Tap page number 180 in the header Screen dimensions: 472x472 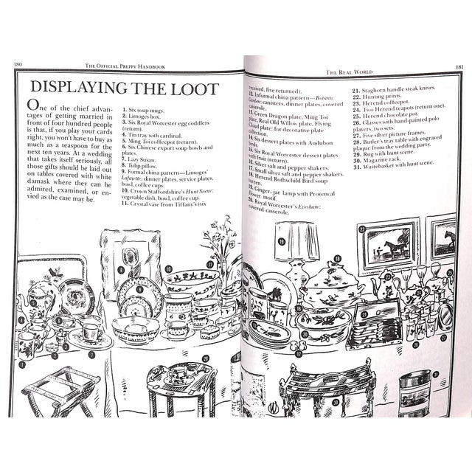(x=19, y=64)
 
